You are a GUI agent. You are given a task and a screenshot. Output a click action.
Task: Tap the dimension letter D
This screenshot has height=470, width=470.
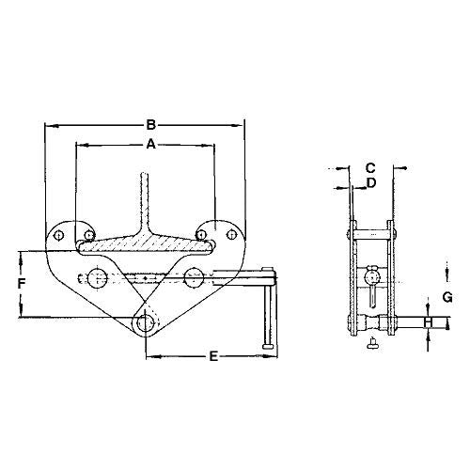click(x=372, y=182)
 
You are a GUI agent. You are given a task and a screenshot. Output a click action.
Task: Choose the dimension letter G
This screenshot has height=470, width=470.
click(x=448, y=299)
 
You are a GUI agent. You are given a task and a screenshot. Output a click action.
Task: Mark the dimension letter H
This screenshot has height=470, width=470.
click(x=429, y=323)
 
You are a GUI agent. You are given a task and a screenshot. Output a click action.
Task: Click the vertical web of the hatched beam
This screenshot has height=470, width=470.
click(x=145, y=202)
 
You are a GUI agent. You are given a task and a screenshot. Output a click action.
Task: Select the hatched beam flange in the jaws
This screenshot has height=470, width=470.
click(x=145, y=243)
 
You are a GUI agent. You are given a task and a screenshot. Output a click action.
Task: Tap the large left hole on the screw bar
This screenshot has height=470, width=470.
click(x=95, y=277)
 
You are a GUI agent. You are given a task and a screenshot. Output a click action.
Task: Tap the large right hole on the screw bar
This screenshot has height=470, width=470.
click(x=195, y=276)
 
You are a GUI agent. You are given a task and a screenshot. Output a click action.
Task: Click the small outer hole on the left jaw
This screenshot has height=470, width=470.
click(x=61, y=235)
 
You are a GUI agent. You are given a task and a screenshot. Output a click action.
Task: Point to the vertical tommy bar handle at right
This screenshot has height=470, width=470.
click(x=271, y=315)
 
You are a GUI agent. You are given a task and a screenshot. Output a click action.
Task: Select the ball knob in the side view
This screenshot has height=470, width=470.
click(x=373, y=274)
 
